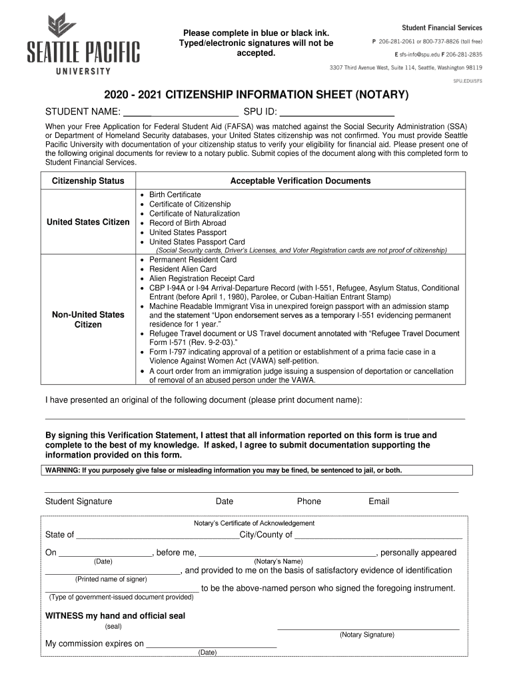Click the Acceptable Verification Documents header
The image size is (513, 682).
pyautogui.click(x=300, y=181)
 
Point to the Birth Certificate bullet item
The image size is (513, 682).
pyautogui.click(x=175, y=194)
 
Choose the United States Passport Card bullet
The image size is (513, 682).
pyautogui.click(x=197, y=242)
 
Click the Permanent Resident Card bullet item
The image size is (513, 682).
pyautogui.click(x=193, y=260)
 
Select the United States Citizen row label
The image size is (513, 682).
pyautogui.click(x=88, y=222)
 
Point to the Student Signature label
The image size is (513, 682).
pyautogui.click(x=79, y=502)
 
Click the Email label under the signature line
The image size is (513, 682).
pyautogui.click(x=379, y=502)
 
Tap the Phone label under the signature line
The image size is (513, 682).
pyautogui.click(x=309, y=502)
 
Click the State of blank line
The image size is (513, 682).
pyautogui.click(x=157, y=535)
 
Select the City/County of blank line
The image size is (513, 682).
pyautogui.click(x=378, y=535)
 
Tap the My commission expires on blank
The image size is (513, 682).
pyautogui.click(x=211, y=645)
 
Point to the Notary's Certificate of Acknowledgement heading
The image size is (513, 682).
pyautogui.click(x=254, y=523)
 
